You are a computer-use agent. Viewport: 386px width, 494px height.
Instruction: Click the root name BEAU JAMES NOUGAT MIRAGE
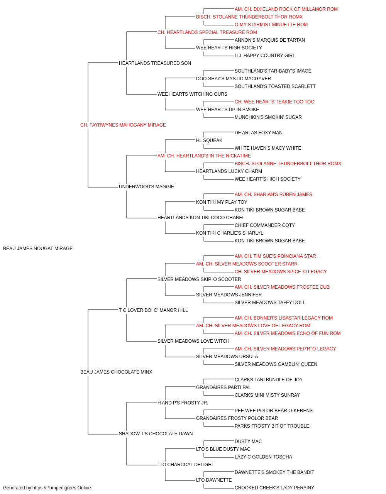(x=38, y=249)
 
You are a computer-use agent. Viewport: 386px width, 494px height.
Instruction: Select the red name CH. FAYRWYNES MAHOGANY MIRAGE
(x=123, y=125)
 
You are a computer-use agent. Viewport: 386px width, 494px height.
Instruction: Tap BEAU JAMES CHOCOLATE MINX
(x=116, y=372)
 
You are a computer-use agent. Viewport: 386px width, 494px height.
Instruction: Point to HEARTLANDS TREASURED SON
(x=155, y=63)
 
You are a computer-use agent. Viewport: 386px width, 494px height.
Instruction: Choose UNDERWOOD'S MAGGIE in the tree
(x=146, y=187)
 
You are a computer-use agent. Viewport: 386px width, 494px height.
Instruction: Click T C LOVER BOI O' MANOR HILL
(x=153, y=310)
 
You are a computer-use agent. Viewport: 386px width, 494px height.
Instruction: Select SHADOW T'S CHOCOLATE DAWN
(x=156, y=434)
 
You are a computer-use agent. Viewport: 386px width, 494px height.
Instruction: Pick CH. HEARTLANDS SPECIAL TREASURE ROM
(x=207, y=32)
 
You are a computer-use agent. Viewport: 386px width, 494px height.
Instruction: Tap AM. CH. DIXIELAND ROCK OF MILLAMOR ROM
(x=286, y=9)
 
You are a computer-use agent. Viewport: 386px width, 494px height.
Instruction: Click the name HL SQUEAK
(x=209, y=140)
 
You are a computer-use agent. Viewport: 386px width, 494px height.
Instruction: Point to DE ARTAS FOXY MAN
(x=259, y=133)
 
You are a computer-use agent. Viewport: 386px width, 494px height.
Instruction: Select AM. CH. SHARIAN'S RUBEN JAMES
(x=273, y=195)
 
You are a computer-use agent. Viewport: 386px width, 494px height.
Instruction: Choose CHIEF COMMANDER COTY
(x=265, y=225)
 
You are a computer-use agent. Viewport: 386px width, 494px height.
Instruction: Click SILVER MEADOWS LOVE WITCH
(x=193, y=341)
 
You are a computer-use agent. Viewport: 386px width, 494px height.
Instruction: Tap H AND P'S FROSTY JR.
(x=183, y=403)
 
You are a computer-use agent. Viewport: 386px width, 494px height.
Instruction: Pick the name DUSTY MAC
(x=248, y=442)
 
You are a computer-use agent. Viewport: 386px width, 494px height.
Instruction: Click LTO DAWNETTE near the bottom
(x=214, y=480)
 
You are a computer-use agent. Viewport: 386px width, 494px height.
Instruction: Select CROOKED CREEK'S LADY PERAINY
(x=274, y=488)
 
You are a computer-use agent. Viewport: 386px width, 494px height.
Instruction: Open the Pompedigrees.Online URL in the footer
(x=62, y=488)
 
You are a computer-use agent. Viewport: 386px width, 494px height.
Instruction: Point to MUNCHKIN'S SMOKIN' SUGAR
(x=268, y=117)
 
